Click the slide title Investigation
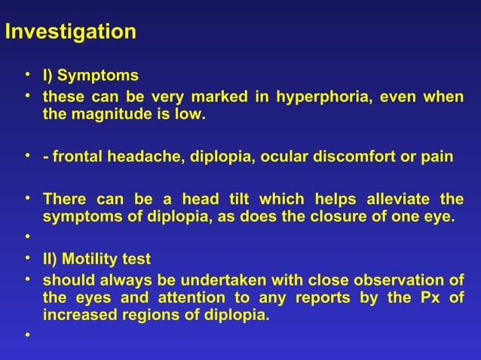(x=69, y=32)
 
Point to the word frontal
(x=77, y=157)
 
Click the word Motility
(x=93, y=261)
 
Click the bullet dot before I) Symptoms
(x=26, y=75)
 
